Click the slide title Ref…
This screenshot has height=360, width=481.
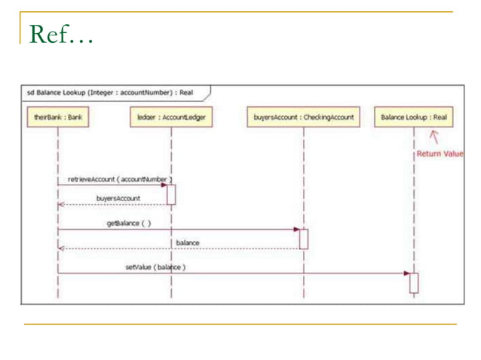(60, 34)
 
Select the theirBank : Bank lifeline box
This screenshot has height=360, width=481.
(57, 117)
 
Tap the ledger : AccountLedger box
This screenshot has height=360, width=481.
(170, 117)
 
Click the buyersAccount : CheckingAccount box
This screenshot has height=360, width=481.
(303, 117)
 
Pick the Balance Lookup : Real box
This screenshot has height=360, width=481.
(413, 117)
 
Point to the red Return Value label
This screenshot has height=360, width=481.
(440, 154)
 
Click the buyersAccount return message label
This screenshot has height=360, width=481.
(118, 198)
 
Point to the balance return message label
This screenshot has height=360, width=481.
(188, 243)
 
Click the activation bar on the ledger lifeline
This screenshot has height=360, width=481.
(171, 194)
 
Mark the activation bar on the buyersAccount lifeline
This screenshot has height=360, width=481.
(304, 238)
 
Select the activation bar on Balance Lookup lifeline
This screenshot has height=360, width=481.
(413, 282)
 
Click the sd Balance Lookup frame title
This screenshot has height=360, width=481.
(110, 93)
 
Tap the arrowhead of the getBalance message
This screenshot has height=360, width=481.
(296, 229)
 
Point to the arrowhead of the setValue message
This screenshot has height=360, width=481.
(406, 273)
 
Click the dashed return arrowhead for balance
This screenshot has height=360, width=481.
(61, 248)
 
